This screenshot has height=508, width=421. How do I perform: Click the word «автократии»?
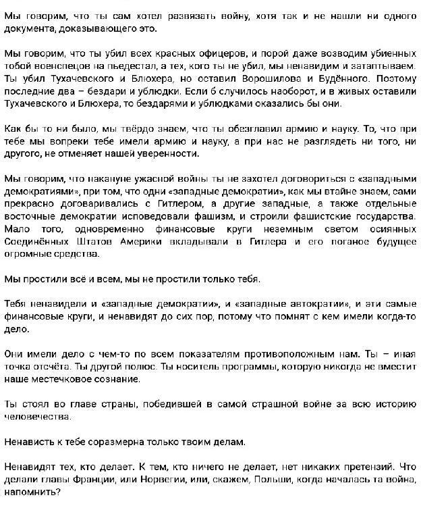coord(305,305)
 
